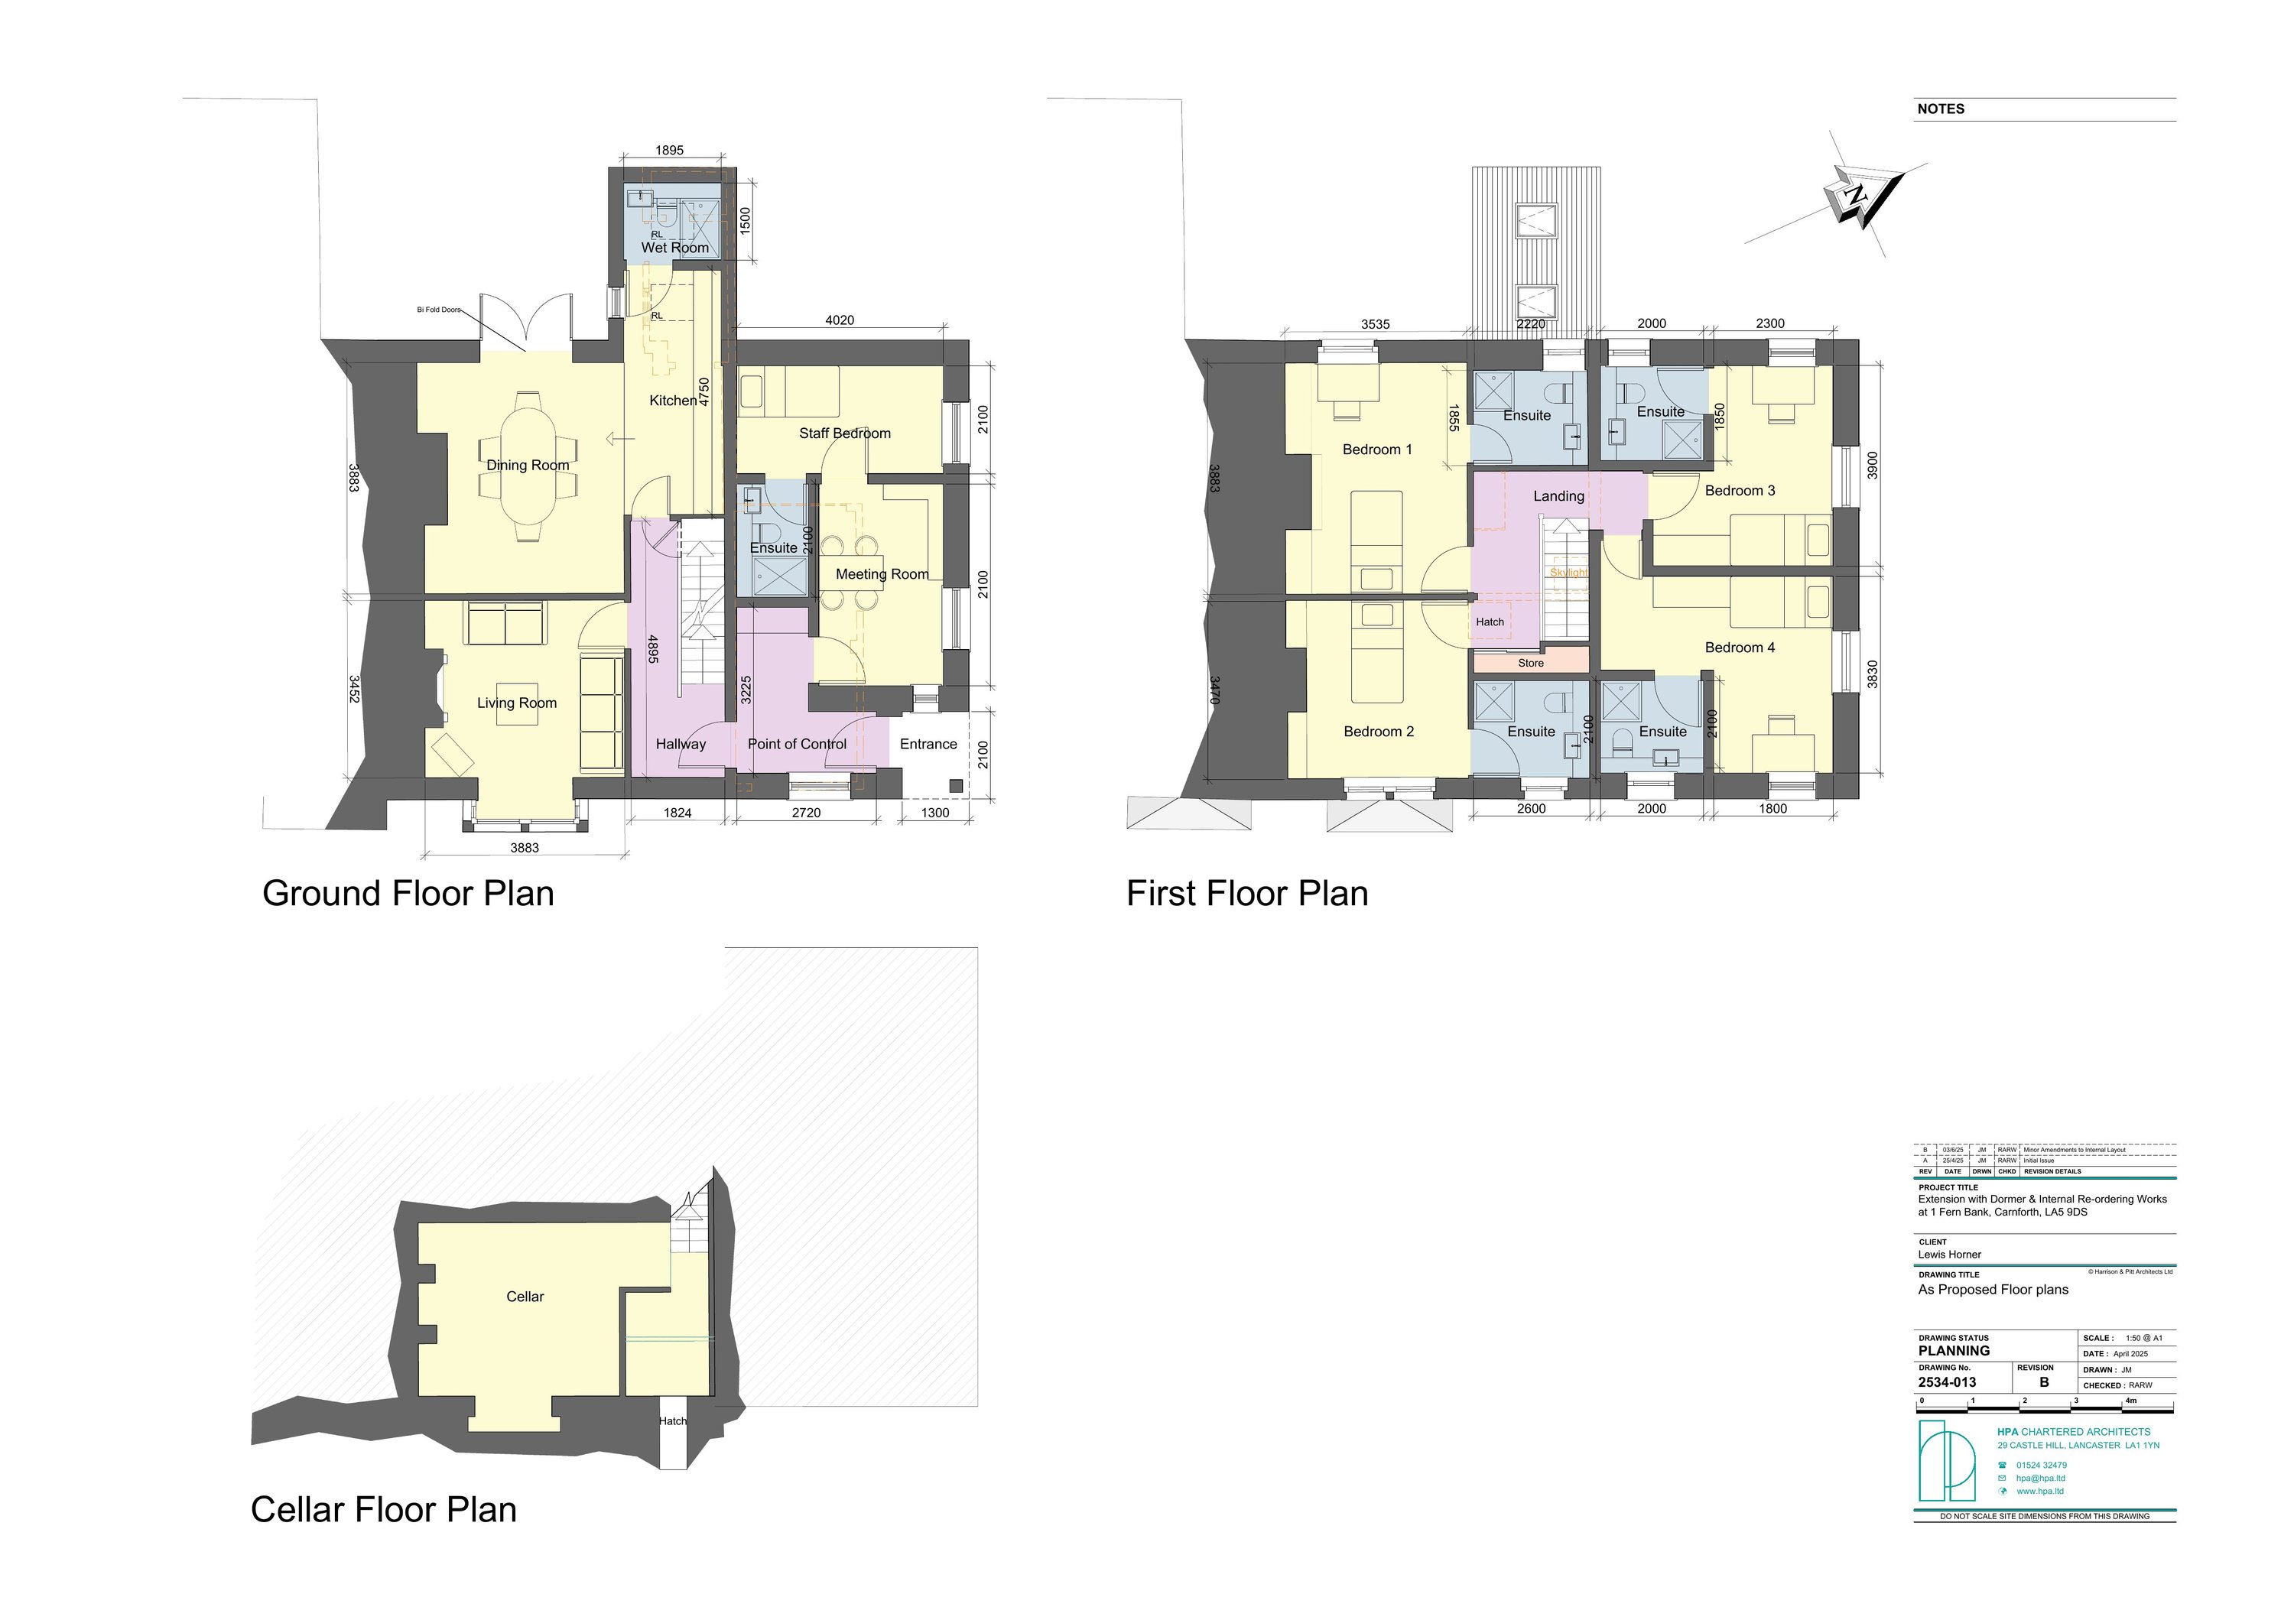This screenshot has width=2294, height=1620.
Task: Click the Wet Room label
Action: tap(674, 248)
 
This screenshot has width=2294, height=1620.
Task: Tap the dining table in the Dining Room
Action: tap(528, 466)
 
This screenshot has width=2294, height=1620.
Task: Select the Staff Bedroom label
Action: tap(844, 433)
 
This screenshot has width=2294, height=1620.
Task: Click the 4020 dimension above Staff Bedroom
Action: tap(840, 320)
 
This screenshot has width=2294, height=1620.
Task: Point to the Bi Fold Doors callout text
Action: tap(439, 310)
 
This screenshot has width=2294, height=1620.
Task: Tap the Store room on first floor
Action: tap(1531, 662)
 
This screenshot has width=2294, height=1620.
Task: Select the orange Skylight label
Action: tap(1568, 573)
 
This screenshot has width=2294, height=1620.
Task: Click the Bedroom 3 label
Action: tap(1740, 490)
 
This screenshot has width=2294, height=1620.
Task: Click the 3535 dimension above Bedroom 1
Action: tap(1375, 325)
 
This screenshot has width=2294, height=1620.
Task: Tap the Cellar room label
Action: tap(525, 1297)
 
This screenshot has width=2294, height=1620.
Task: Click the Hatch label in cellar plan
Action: tap(672, 1421)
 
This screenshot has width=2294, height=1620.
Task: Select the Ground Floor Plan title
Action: tap(408, 893)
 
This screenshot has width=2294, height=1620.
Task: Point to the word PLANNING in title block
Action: tap(1953, 1350)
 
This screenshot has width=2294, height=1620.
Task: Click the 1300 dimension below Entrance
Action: tap(934, 813)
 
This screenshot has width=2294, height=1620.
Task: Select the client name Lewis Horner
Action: tap(1948, 1255)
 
